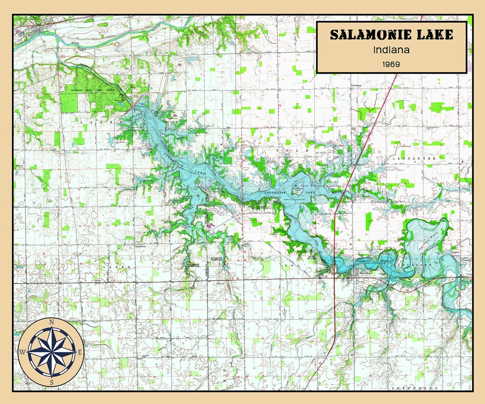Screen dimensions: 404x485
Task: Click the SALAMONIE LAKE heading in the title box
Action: [392, 35]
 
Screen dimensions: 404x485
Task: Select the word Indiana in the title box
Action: [392, 50]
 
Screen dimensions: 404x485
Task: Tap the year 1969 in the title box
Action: [392, 64]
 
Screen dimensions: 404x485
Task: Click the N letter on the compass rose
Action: [51, 322]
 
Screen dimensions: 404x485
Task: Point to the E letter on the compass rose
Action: [80, 352]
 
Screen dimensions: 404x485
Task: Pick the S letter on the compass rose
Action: [51, 382]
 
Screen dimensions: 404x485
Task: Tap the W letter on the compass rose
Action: [22, 352]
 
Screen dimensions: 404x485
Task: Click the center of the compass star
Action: [51, 352]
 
